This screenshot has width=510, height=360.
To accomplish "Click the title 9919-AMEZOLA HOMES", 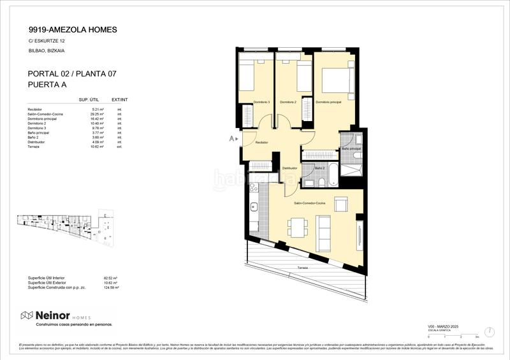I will [x=72, y=29].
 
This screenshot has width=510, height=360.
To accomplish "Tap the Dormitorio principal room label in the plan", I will [x=328, y=102].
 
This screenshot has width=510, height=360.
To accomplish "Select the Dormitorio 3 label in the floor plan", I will [x=261, y=102].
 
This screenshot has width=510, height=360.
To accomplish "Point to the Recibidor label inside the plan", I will [x=261, y=143].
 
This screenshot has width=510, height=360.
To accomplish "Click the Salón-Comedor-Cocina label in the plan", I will [x=309, y=202].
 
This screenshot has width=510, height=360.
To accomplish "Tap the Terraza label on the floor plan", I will [x=302, y=268].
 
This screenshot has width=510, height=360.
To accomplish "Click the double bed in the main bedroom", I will [x=335, y=81].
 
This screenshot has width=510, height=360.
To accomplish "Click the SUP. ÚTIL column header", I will [x=89, y=100].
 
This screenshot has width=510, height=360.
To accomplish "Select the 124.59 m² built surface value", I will [x=111, y=288].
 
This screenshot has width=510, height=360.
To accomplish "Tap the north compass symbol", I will [x=489, y=332].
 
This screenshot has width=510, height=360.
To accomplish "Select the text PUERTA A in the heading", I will [x=48, y=84].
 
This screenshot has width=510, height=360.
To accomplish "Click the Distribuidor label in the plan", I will [x=291, y=168].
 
